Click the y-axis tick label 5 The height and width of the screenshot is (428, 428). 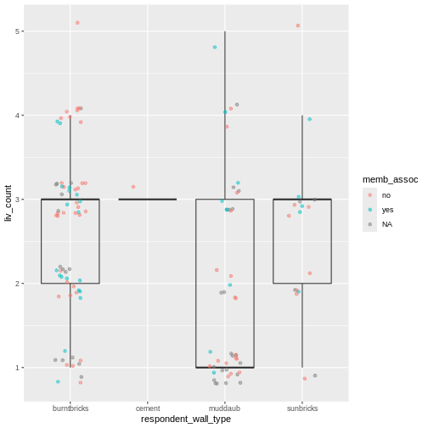17,31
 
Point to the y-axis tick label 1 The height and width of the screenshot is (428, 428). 17,368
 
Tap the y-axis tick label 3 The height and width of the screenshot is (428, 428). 17,200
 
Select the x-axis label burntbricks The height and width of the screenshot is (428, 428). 70,408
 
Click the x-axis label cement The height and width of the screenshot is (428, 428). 148,408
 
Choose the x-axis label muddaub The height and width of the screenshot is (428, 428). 225,408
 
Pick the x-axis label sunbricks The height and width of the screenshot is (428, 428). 302,408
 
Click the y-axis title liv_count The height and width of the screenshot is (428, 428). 8,200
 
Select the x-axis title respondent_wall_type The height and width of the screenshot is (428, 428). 186,419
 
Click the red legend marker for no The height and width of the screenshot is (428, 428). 369,194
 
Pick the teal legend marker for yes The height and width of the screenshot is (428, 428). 369,209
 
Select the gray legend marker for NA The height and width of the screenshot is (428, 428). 369,224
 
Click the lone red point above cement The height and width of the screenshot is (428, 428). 133,187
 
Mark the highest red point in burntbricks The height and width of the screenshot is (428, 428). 77,23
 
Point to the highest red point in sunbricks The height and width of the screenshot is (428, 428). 298,25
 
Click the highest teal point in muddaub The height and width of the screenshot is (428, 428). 215,48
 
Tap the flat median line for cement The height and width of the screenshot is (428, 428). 148,200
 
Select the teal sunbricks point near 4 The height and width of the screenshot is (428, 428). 310,119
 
